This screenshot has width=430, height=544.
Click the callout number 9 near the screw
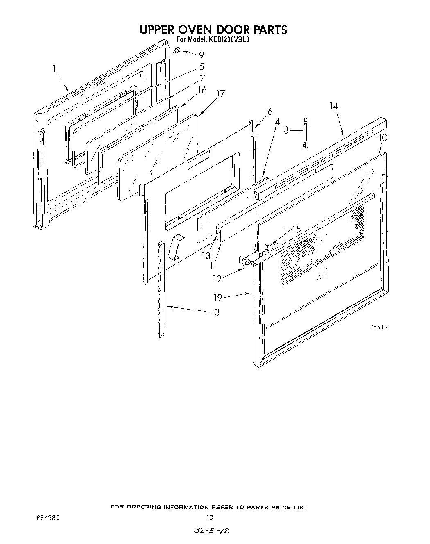201,55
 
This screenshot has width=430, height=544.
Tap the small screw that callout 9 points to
177,50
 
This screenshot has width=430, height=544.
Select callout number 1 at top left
54,69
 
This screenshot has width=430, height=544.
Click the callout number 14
333,106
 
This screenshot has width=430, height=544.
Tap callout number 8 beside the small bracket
287,130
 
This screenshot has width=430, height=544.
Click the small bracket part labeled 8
306,133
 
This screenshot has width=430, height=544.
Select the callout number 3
217,312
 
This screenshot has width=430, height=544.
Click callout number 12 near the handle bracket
217,279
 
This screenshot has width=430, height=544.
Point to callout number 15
296,230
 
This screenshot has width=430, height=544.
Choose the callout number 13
206,256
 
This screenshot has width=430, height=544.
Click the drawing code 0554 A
379,327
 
